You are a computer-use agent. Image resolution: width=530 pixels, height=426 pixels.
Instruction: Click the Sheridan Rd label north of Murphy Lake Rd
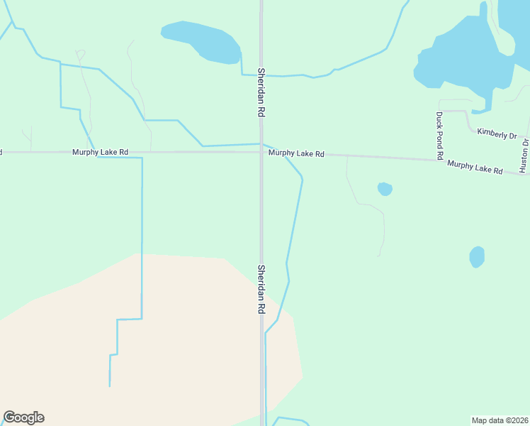click(261, 92)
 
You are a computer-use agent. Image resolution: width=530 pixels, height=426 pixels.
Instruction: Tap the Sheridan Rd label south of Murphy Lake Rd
click(261, 290)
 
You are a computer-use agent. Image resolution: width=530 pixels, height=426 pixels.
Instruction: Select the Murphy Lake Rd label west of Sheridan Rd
click(100, 152)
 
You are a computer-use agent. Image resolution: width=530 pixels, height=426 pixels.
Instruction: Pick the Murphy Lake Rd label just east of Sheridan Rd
click(296, 153)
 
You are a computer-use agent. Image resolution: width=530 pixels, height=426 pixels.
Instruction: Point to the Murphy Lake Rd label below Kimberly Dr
click(475, 168)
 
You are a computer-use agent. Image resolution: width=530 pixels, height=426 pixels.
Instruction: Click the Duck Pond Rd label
click(439, 135)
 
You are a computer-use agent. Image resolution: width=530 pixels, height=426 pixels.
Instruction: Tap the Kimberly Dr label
click(497, 133)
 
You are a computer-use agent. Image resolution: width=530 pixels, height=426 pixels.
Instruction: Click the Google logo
click(23, 417)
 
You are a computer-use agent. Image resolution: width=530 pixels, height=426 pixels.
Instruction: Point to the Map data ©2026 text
click(500, 420)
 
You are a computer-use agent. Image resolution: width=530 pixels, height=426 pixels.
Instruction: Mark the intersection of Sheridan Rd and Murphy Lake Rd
click(261, 151)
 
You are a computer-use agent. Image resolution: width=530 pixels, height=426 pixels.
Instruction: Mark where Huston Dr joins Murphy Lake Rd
click(524, 173)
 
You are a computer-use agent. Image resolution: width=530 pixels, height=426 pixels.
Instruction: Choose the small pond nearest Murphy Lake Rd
click(385, 189)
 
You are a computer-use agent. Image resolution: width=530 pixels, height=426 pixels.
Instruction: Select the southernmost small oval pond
click(477, 256)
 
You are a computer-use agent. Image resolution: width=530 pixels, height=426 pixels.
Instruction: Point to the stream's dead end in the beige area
click(110, 386)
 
